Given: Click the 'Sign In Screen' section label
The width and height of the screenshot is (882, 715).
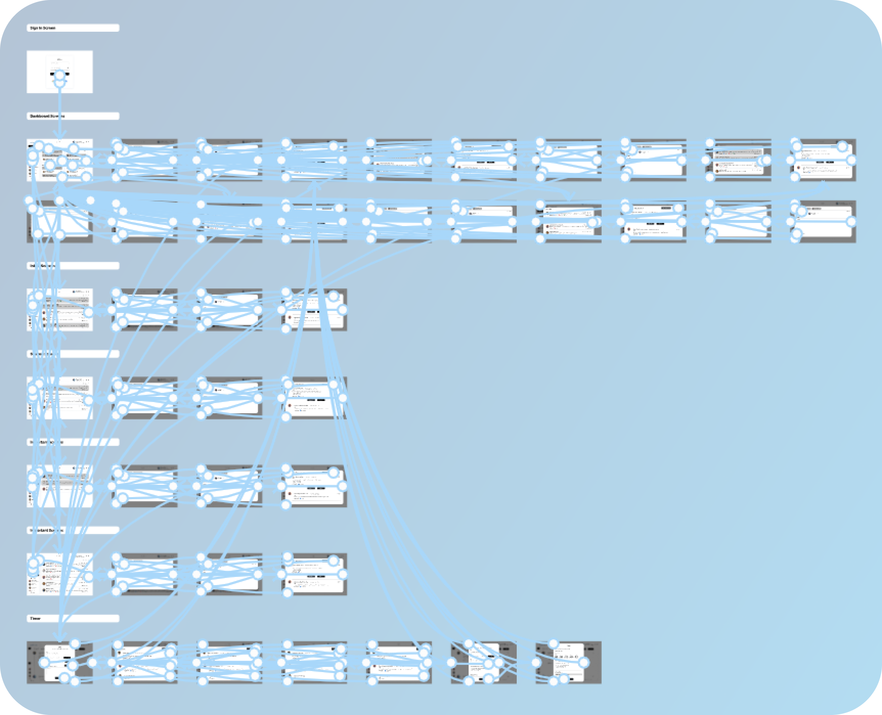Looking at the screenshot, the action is [73, 28].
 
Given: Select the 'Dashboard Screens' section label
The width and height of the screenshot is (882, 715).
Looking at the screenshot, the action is [73, 116].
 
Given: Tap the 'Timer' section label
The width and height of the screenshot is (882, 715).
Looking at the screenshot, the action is [73, 618].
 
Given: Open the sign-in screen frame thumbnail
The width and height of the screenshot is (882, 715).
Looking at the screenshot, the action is [60, 72].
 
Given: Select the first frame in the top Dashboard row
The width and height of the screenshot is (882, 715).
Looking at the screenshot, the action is [60, 160].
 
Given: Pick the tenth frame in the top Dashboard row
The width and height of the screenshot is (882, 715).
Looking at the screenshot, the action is [823, 160].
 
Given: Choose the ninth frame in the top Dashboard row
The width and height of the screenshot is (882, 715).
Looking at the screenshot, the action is [738, 160].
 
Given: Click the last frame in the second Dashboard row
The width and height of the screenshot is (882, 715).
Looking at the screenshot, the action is [823, 222].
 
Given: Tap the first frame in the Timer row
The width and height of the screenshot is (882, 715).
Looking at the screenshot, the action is [60, 662].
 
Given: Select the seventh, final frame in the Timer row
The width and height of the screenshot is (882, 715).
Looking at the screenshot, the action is [569, 662].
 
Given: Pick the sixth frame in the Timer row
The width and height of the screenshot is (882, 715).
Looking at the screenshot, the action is [484, 662].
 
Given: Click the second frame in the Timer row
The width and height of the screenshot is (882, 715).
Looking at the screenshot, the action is [145, 662].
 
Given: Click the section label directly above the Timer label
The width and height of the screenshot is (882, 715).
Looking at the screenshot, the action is [73, 530].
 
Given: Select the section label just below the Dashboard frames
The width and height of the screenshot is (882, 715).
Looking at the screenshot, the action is [73, 266].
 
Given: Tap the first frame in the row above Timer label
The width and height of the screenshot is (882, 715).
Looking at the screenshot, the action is [60, 574].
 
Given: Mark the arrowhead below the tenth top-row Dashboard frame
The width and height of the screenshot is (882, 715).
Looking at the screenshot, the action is [823, 184].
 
